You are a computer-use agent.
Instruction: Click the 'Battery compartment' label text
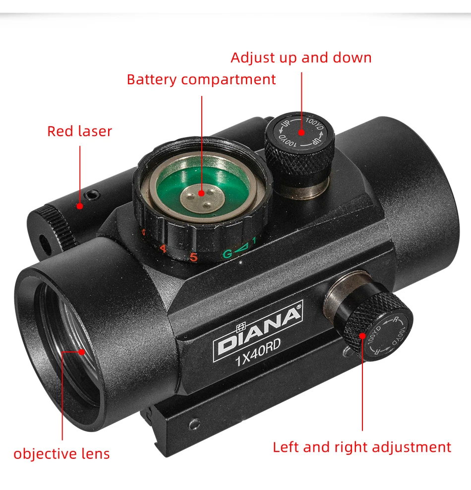(201, 80)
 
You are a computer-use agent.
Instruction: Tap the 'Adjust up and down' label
(301, 58)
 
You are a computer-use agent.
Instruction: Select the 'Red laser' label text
(79, 131)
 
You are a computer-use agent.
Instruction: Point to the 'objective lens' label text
(61, 454)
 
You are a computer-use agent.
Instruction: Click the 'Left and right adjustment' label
(362, 447)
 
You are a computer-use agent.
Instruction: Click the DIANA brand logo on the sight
(258, 332)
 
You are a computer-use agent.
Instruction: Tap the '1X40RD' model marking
(258, 351)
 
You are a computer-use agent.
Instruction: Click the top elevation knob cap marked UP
(300, 132)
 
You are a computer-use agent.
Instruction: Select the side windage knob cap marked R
(387, 337)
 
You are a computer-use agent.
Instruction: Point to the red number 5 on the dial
(193, 257)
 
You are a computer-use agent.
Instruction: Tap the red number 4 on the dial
(163, 249)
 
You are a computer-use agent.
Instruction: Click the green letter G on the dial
(228, 253)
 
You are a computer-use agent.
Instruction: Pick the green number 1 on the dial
(254, 241)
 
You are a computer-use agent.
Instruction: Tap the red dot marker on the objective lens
(82, 352)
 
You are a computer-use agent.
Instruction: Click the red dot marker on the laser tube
(80, 206)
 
